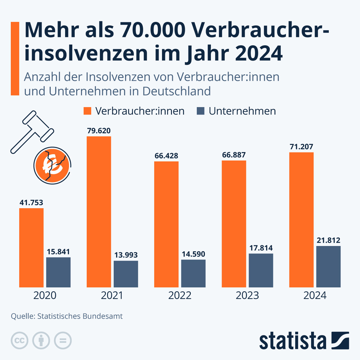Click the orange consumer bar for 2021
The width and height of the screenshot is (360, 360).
coord(99,212)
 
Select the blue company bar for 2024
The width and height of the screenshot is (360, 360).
coord(328,267)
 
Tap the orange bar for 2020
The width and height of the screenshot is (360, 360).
coord(31,248)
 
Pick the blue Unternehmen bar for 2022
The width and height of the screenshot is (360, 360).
coord(193,273)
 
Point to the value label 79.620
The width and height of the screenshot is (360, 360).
coord(99,131)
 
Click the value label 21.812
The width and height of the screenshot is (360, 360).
coord(328,240)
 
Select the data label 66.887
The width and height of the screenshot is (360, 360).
coord(234,155)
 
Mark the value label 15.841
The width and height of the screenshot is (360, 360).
coord(58,252)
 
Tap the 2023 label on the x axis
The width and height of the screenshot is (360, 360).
coord(247,295)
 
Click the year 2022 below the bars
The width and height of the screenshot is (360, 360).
coord(180,295)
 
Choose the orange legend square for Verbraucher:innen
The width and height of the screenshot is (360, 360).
coord(87,111)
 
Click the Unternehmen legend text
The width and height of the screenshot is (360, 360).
coord(242,111)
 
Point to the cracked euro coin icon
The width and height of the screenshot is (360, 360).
coord(52,166)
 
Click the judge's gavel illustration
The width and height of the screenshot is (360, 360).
coord(32,131)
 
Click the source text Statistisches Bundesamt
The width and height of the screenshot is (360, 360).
coord(80,316)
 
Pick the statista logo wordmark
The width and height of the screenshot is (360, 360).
coord(292,341)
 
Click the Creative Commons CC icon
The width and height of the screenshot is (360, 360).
coord(19,341)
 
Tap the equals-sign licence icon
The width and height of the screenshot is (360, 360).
coord(63,341)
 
